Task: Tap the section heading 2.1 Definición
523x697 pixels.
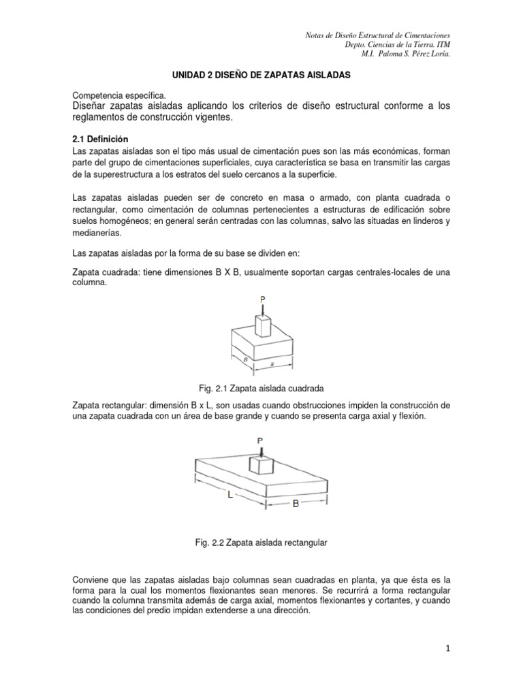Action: click(x=100, y=139)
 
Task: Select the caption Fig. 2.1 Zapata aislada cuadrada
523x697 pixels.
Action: click(x=261, y=387)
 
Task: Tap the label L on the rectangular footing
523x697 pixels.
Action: click(x=230, y=496)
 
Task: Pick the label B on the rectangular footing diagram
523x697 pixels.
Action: click(x=296, y=504)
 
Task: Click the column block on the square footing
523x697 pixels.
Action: click(x=262, y=325)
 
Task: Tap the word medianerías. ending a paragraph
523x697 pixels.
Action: click(x=97, y=233)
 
